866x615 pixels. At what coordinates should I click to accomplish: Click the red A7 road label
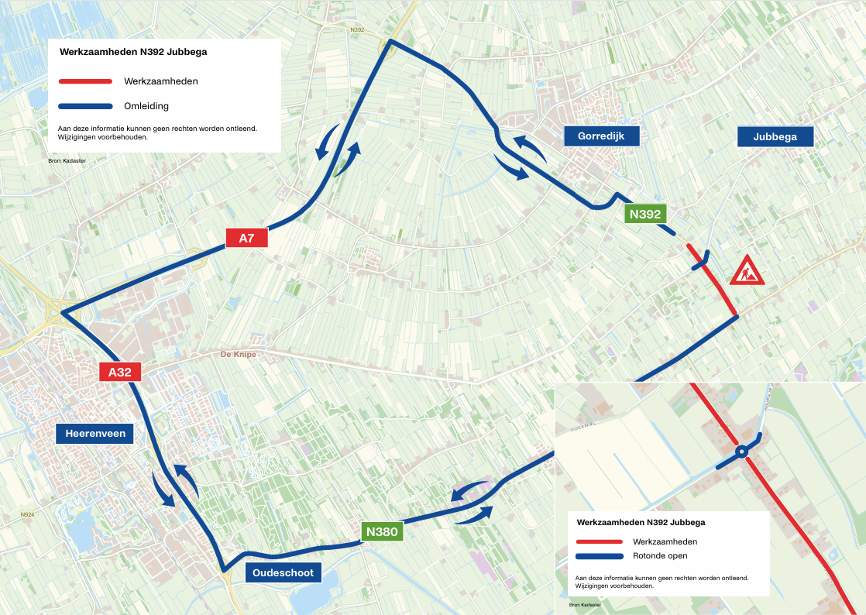click(246, 239)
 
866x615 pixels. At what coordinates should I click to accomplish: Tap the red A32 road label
click(120, 372)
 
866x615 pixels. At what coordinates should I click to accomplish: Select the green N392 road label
click(645, 215)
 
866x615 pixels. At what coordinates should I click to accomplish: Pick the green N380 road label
click(382, 531)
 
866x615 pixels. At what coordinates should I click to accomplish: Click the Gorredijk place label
click(602, 137)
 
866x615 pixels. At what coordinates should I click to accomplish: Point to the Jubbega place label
click(775, 137)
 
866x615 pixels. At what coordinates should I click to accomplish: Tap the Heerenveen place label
click(95, 434)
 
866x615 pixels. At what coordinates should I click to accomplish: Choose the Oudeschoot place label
click(283, 572)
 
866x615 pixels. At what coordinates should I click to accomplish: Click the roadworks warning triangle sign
click(747, 270)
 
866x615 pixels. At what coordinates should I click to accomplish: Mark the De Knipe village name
click(238, 354)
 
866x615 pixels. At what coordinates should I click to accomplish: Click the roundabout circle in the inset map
click(741, 450)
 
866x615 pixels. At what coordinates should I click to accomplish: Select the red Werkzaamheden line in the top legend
click(85, 81)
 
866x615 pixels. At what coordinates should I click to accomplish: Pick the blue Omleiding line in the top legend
click(85, 106)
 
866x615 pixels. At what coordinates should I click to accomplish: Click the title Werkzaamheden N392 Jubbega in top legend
click(133, 53)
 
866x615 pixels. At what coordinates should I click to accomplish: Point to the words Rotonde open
click(660, 556)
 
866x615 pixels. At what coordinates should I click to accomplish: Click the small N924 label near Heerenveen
click(28, 514)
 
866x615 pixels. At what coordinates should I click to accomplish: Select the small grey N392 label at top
click(357, 30)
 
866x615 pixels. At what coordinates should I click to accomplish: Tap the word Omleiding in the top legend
click(146, 106)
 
